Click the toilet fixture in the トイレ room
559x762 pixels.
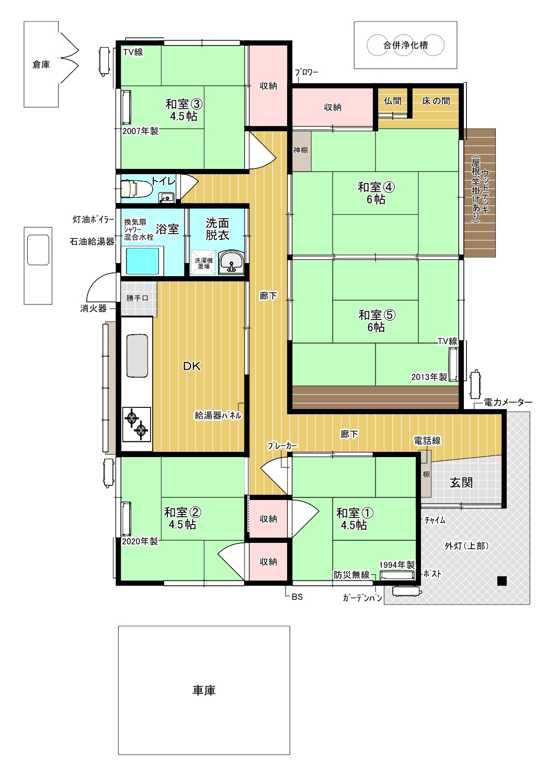click(136, 188)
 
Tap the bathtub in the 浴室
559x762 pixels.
click(143, 261)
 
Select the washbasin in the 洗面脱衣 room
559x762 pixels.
click(231, 261)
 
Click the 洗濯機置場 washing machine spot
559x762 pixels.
click(203, 262)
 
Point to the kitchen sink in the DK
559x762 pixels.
click(138, 355)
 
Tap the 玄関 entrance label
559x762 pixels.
click(461, 482)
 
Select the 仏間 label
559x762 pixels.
click(392, 101)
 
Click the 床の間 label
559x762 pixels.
click(436, 101)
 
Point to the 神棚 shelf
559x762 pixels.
click(301, 151)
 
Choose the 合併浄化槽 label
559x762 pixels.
click(406, 45)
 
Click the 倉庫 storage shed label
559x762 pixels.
click(41, 64)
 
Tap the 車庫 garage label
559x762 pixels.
click(204, 690)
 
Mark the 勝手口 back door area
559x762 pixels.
click(137, 298)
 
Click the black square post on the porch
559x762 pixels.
click(502, 581)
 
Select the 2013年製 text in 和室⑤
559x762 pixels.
click(429, 377)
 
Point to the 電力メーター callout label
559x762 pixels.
click(508, 402)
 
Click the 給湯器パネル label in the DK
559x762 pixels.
click(218, 415)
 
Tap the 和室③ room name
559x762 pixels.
click(184, 104)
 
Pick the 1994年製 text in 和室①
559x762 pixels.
click(397, 565)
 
